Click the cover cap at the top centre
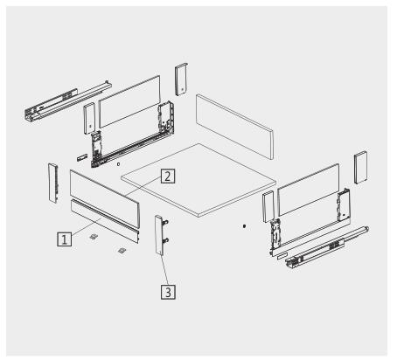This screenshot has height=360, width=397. pos(182,80)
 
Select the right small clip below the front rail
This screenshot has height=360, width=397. pos(122,251)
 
